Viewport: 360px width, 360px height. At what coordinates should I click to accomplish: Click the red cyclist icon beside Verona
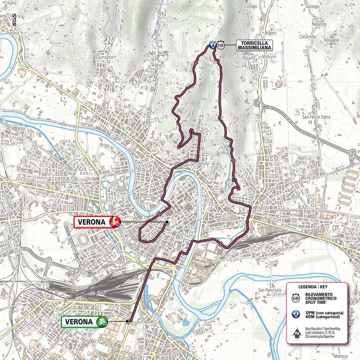pyautogui.click(x=114, y=222)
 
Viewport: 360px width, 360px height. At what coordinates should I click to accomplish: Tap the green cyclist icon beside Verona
pyautogui.click(x=101, y=322)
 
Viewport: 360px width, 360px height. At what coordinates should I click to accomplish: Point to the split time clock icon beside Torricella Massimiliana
pyautogui.click(x=221, y=45)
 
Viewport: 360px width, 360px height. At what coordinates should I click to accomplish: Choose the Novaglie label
pyautogui.click(x=330, y=40)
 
